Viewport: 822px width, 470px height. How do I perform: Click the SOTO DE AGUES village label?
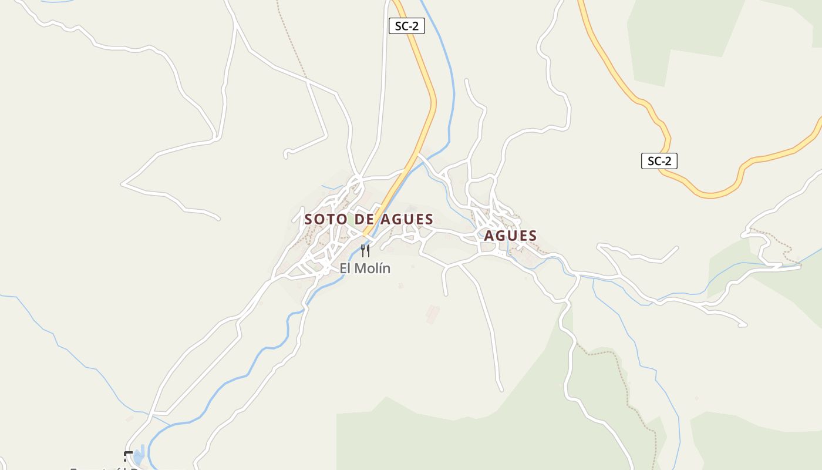tap(369, 220)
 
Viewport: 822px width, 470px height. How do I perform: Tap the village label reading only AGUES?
tap(510, 236)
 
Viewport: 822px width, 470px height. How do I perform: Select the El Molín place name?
tap(365, 268)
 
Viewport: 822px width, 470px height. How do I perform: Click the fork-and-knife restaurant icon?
tap(365, 251)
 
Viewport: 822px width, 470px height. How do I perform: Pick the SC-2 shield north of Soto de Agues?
tap(406, 26)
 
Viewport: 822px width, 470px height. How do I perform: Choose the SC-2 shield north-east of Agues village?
tap(659, 161)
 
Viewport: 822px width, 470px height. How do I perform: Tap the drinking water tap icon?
tap(128, 455)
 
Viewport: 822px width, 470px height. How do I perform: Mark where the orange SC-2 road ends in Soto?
tap(366, 234)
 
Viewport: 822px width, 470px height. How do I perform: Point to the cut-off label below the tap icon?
tap(112, 468)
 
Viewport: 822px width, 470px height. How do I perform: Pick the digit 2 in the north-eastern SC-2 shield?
tap(667, 161)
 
